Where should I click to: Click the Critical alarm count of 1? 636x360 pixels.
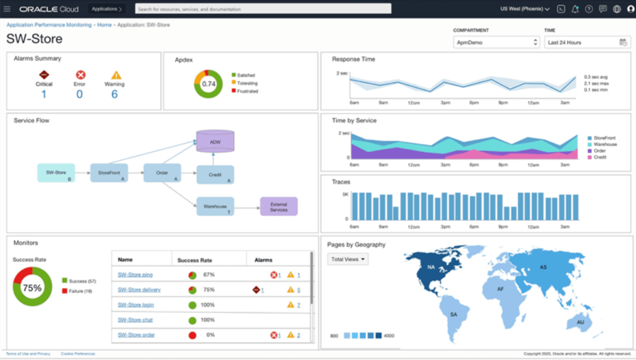click(44, 94)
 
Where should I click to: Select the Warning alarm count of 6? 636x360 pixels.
click(114, 94)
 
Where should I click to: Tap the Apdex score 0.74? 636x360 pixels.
click(209, 84)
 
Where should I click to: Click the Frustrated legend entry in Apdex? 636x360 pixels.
click(247, 91)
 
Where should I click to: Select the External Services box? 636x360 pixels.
click(279, 207)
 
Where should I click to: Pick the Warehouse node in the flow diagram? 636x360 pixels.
click(215, 207)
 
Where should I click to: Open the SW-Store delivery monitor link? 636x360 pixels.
click(139, 290)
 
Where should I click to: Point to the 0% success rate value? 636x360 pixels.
click(210, 335)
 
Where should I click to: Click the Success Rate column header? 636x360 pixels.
click(195, 260)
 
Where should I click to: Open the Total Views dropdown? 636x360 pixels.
click(348, 259)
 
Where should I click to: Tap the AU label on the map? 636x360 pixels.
click(580, 322)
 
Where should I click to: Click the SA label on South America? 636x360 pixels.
click(453, 314)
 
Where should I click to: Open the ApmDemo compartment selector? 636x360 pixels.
click(496, 42)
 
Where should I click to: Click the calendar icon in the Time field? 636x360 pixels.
click(623, 42)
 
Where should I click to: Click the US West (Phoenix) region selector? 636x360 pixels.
click(525, 9)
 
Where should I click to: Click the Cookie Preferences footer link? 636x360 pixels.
click(78, 354)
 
